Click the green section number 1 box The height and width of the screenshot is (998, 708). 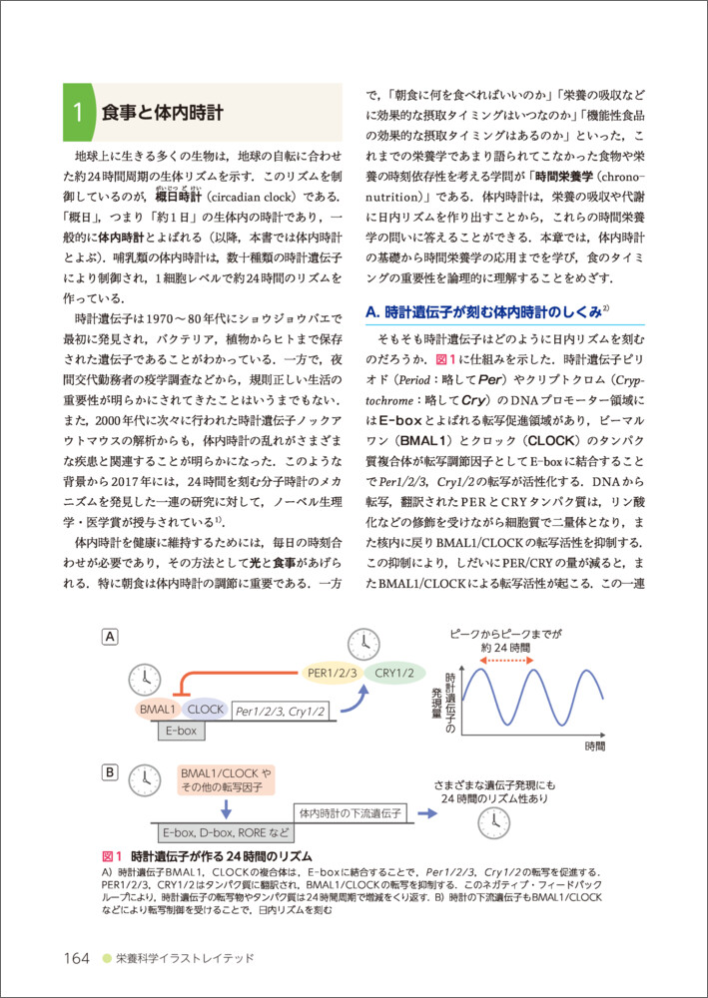[x=76, y=112]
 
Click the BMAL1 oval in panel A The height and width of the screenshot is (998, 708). [x=158, y=710]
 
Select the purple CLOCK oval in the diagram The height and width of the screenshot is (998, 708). [x=205, y=710]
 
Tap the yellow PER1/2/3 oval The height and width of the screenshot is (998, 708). [x=335, y=673]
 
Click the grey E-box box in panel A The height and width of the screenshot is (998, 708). [x=182, y=732]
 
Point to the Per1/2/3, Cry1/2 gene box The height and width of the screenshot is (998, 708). [x=281, y=711]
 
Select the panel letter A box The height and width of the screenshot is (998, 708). [x=112, y=637]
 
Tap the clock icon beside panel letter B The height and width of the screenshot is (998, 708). [x=148, y=779]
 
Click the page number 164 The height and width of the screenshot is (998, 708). [x=77, y=958]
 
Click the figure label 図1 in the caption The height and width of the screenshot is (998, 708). [x=112, y=855]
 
